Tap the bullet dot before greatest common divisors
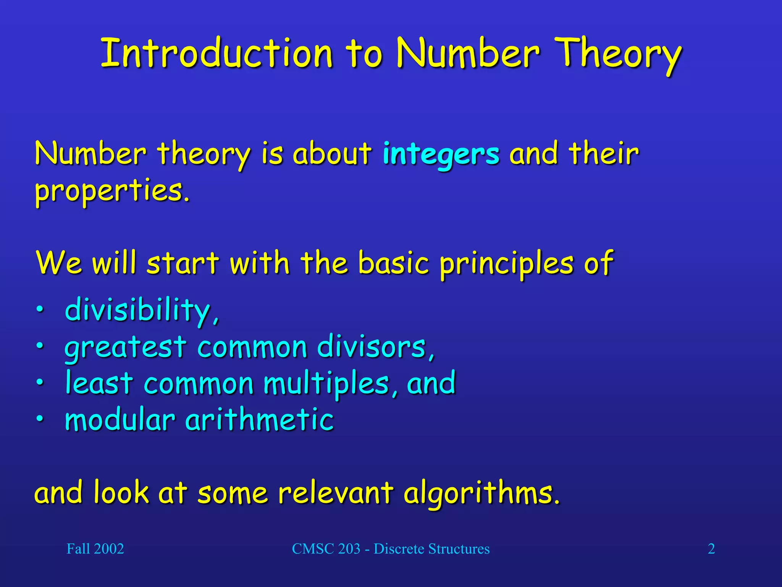40,346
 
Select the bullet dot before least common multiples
40,383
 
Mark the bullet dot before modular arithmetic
40,419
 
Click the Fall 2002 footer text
95,549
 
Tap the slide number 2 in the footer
711,549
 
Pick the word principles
506,264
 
